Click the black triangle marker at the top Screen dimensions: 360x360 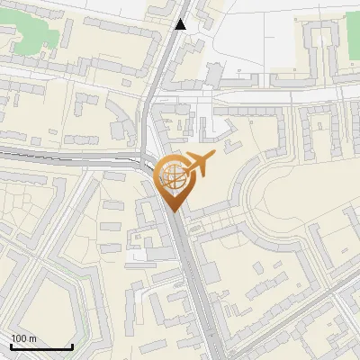(181, 24)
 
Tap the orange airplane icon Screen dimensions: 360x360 (198, 165)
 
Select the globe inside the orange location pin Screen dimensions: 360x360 (172, 177)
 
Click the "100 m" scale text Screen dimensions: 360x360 (23, 338)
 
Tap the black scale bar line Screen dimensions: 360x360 (41, 346)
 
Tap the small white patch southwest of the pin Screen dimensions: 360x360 (139, 256)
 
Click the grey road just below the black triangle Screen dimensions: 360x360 (171, 54)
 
